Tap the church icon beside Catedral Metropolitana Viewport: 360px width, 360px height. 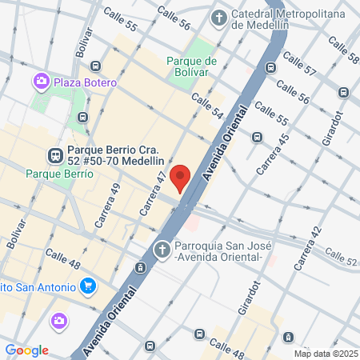click(218, 17)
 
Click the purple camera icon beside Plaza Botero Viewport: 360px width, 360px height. click(40, 82)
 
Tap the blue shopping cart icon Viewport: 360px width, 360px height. click(88, 286)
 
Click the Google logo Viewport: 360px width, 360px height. click(26, 350)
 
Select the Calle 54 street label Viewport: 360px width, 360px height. click(206, 107)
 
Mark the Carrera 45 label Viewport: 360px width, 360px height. click(273, 154)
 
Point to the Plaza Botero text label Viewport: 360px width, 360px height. click(86, 82)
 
